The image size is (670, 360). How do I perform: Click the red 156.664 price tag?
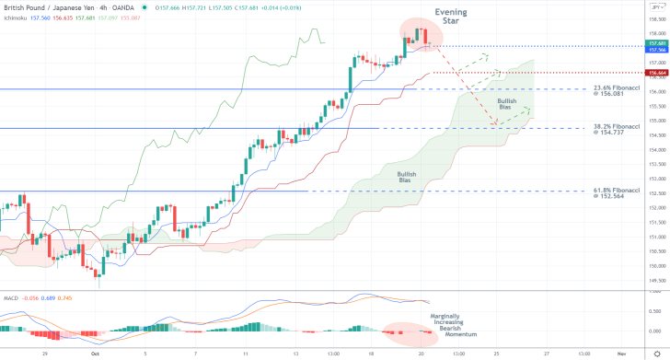pos(656,72)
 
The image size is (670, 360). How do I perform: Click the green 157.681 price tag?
pos(656,42)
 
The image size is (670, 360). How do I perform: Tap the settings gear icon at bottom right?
pos(656,354)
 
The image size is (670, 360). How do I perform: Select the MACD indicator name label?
pos(11,298)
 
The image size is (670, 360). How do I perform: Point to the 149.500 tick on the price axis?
pos(656,281)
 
